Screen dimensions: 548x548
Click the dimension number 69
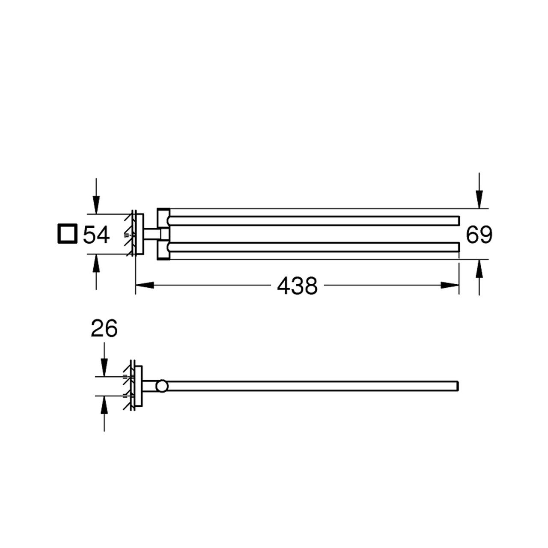point(479,235)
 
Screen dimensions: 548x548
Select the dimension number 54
point(96,234)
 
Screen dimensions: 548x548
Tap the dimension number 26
point(104,328)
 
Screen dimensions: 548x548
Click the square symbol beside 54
point(67,234)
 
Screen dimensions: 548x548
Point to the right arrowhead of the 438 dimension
point(450,285)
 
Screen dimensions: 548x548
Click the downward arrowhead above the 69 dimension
point(479,200)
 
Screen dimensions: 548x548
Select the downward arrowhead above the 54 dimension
point(96,205)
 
